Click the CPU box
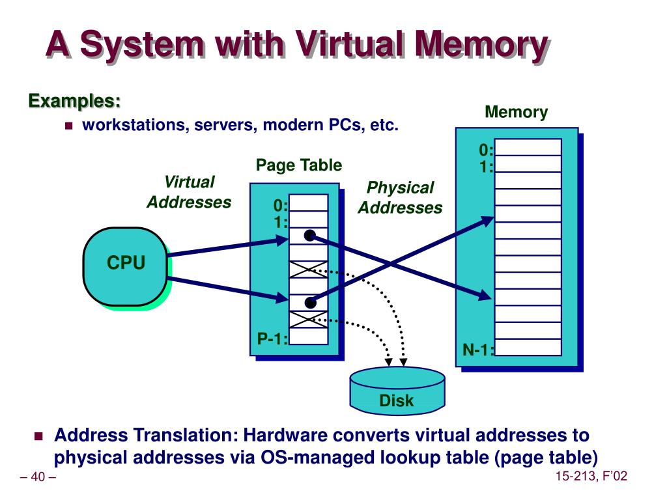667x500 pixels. [125, 266]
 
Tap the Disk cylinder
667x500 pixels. [397, 391]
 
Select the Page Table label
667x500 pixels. [298, 165]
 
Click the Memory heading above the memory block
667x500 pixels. [516, 112]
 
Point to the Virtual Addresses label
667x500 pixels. [189, 192]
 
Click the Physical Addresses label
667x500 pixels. [400, 197]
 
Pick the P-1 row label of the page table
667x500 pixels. [272, 339]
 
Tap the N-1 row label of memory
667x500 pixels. [478, 350]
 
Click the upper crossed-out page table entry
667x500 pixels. [308, 270]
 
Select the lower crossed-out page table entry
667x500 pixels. [308, 319]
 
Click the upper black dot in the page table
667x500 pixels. [310, 236]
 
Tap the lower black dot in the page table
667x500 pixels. [311, 303]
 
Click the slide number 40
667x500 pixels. [38, 477]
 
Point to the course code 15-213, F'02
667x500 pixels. [591, 476]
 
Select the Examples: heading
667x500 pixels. [74, 101]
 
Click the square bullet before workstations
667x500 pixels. [69, 126]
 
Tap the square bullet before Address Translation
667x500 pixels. [38, 436]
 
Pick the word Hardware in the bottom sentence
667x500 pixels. [285, 435]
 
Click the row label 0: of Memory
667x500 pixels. [486, 150]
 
